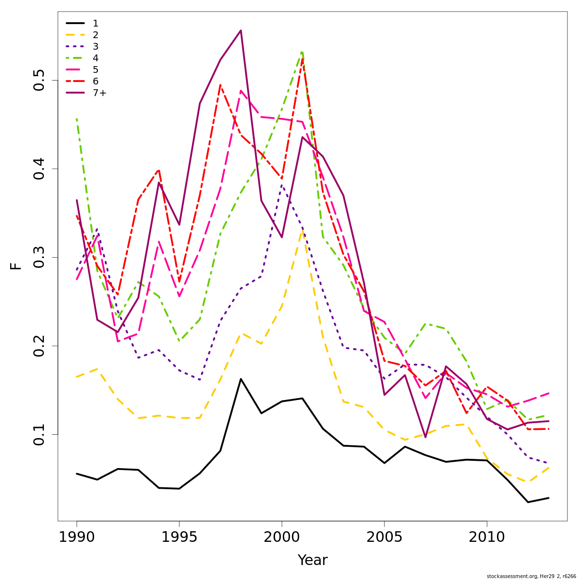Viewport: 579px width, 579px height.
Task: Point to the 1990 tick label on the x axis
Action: click(x=77, y=537)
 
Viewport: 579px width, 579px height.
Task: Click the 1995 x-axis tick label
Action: click(x=179, y=537)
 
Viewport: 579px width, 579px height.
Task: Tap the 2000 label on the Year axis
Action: click(x=282, y=537)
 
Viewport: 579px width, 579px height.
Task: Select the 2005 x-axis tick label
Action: click(x=384, y=537)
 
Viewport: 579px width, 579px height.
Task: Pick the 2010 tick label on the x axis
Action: click(x=486, y=537)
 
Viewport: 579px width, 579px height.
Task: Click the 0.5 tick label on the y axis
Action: click(x=39, y=80)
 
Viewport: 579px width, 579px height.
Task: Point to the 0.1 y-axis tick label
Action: click(x=39, y=434)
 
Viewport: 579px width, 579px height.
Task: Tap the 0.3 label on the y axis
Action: click(x=39, y=257)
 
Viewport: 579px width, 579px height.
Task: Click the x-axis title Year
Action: click(x=312, y=560)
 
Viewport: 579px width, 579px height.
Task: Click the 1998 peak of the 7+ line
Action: click(x=241, y=30)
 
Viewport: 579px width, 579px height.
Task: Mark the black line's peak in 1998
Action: click(x=241, y=379)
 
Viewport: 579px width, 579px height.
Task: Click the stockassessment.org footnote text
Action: click(x=531, y=576)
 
